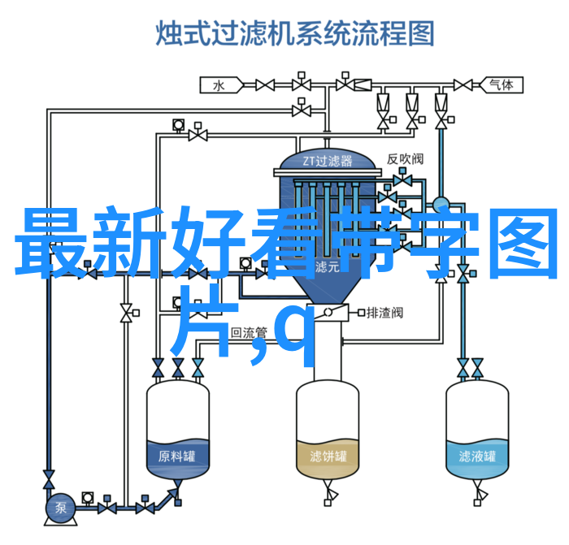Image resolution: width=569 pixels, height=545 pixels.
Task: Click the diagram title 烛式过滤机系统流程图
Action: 294,33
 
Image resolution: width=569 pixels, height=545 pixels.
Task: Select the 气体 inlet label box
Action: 502,85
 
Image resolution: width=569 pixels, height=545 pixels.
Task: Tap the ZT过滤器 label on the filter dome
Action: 328,161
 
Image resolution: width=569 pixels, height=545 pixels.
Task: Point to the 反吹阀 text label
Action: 405,159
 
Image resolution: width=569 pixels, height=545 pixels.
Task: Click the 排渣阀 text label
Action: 384,313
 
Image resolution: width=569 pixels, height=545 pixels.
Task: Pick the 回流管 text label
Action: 249,332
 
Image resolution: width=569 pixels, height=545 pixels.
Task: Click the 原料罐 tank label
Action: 176,456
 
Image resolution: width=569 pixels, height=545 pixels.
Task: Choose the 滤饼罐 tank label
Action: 328,456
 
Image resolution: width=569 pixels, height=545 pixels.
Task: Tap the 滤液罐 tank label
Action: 477,456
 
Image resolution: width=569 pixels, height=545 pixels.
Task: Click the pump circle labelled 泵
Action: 60,508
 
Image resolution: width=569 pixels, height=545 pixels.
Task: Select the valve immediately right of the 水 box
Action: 265,85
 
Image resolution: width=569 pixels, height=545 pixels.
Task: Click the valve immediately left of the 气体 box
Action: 463,85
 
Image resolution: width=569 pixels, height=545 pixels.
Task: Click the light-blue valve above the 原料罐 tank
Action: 198,368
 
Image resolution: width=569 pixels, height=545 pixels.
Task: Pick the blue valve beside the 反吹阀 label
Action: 402,179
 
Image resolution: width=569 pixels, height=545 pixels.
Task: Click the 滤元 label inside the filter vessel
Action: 328,267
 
